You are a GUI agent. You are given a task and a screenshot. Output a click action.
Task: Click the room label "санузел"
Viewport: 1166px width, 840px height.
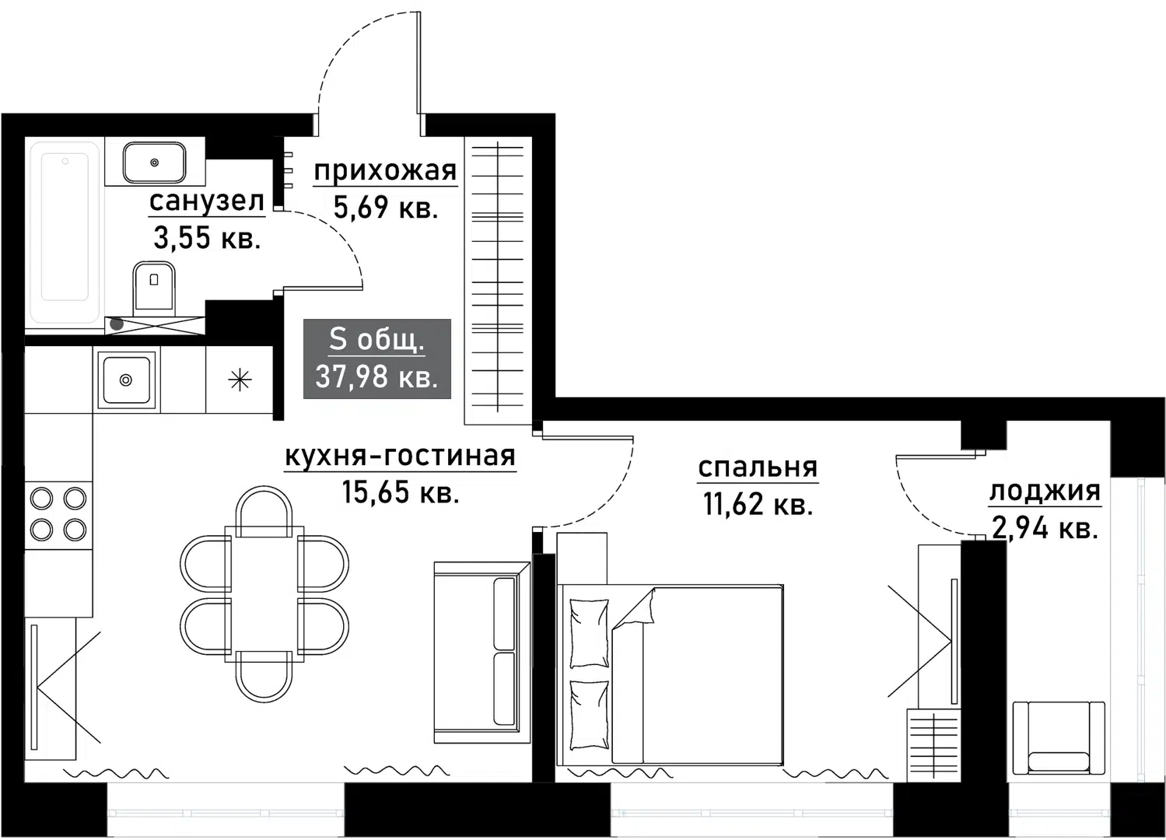click(x=207, y=201)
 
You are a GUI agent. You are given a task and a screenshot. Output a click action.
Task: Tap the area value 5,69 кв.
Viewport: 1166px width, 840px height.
click(x=386, y=208)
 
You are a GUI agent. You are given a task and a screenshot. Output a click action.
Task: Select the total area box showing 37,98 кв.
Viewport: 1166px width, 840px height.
click(x=376, y=359)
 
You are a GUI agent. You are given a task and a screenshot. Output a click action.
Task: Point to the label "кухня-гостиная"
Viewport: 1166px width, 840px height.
click(x=400, y=456)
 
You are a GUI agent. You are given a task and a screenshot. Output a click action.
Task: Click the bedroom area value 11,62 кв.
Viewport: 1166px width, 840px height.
click(x=758, y=505)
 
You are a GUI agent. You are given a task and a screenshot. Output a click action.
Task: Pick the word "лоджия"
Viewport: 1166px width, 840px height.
click(x=1045, y=491)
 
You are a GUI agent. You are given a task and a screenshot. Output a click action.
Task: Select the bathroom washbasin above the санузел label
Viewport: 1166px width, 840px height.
click(x=154, y=162)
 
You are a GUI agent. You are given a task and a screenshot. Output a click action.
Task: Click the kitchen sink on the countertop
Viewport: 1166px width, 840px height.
click(x=125, y=380)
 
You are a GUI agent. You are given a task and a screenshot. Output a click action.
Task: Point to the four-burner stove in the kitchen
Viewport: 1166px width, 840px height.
click(x=58, y=514)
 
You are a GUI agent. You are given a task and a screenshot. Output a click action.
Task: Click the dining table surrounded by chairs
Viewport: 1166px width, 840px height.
click(x=264, y=594)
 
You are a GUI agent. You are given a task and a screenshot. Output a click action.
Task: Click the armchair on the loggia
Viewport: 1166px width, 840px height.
click(x=1059, y=737)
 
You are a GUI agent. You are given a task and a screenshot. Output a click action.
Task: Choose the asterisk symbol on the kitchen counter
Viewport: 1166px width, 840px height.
click(x=240, y=380)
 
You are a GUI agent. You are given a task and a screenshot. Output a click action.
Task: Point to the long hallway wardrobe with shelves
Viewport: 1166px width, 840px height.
click(x=498, y=280)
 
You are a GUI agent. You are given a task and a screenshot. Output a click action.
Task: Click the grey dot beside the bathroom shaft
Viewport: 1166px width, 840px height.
click(x=116, y=324)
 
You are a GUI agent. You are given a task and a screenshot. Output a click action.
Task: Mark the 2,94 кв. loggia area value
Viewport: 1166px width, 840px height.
click(x=1045, y=529)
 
